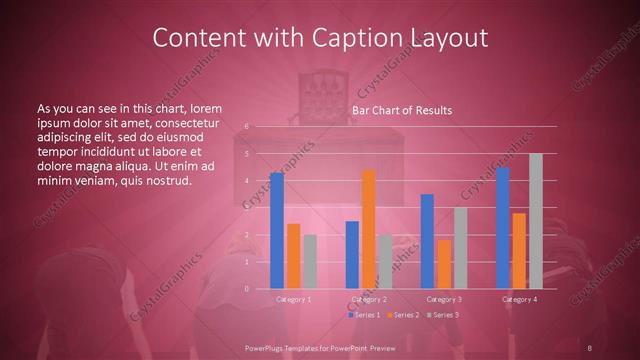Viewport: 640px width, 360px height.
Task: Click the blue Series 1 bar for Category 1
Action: click(277, 231)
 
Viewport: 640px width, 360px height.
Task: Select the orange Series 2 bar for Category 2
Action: click(369, 229)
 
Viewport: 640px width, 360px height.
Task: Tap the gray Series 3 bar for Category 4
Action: click(536, 221)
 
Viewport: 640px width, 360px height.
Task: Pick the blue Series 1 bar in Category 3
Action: click(427, 241)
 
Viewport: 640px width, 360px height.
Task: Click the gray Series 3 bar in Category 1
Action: click(310, 262)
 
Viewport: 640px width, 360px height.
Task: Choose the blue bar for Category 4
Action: click(503, 228)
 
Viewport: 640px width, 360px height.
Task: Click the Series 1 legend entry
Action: click(363, 315)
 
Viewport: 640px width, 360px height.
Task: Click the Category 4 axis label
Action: click(519, 299)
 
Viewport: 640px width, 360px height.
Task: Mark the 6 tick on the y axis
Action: click(246, 127)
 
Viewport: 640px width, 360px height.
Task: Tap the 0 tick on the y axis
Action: click(246, 289)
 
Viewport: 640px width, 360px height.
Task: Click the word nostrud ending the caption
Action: click(164, 181)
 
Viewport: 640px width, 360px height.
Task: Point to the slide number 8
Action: click(590, 347)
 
